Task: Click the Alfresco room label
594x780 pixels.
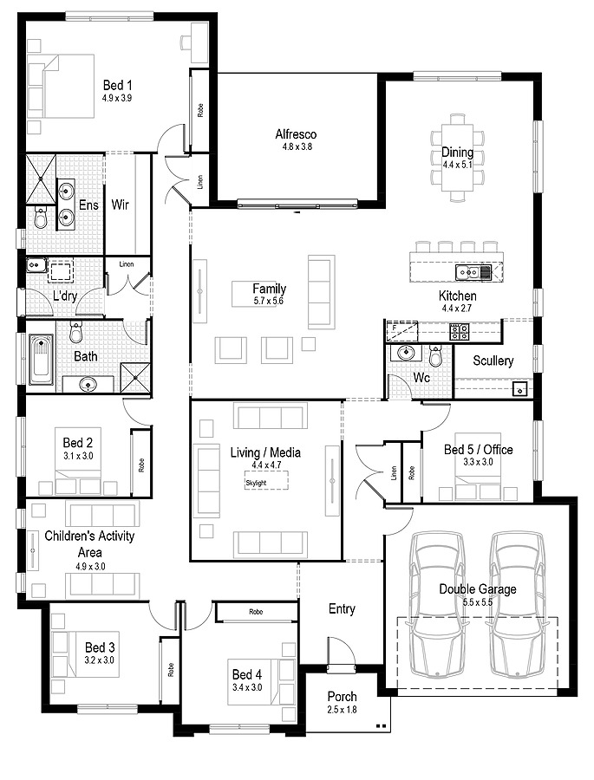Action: pos(296,134)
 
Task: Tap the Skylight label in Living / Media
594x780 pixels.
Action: pos(256,483)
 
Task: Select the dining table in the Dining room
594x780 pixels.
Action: pos(458,157)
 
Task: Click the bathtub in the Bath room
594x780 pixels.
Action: pos(42,360)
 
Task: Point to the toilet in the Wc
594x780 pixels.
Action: pos(435,355)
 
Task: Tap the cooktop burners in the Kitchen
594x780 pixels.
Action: pos(459,332)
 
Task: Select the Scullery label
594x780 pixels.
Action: pos(493,361)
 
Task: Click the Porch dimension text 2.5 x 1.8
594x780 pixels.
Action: pos(342,710)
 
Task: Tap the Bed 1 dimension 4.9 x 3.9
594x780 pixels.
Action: pos(117,98)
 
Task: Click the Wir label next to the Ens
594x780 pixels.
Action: pos(120,205)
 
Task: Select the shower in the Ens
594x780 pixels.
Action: pos(41,179)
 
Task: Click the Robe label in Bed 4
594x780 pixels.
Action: pos(256,612)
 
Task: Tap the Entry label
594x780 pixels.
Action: pos(342,609)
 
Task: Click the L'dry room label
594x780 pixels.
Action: pos(65,296)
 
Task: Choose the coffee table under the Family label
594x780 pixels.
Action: pos(254,294)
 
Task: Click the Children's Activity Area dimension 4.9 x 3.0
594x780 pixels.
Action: pos(90,566)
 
